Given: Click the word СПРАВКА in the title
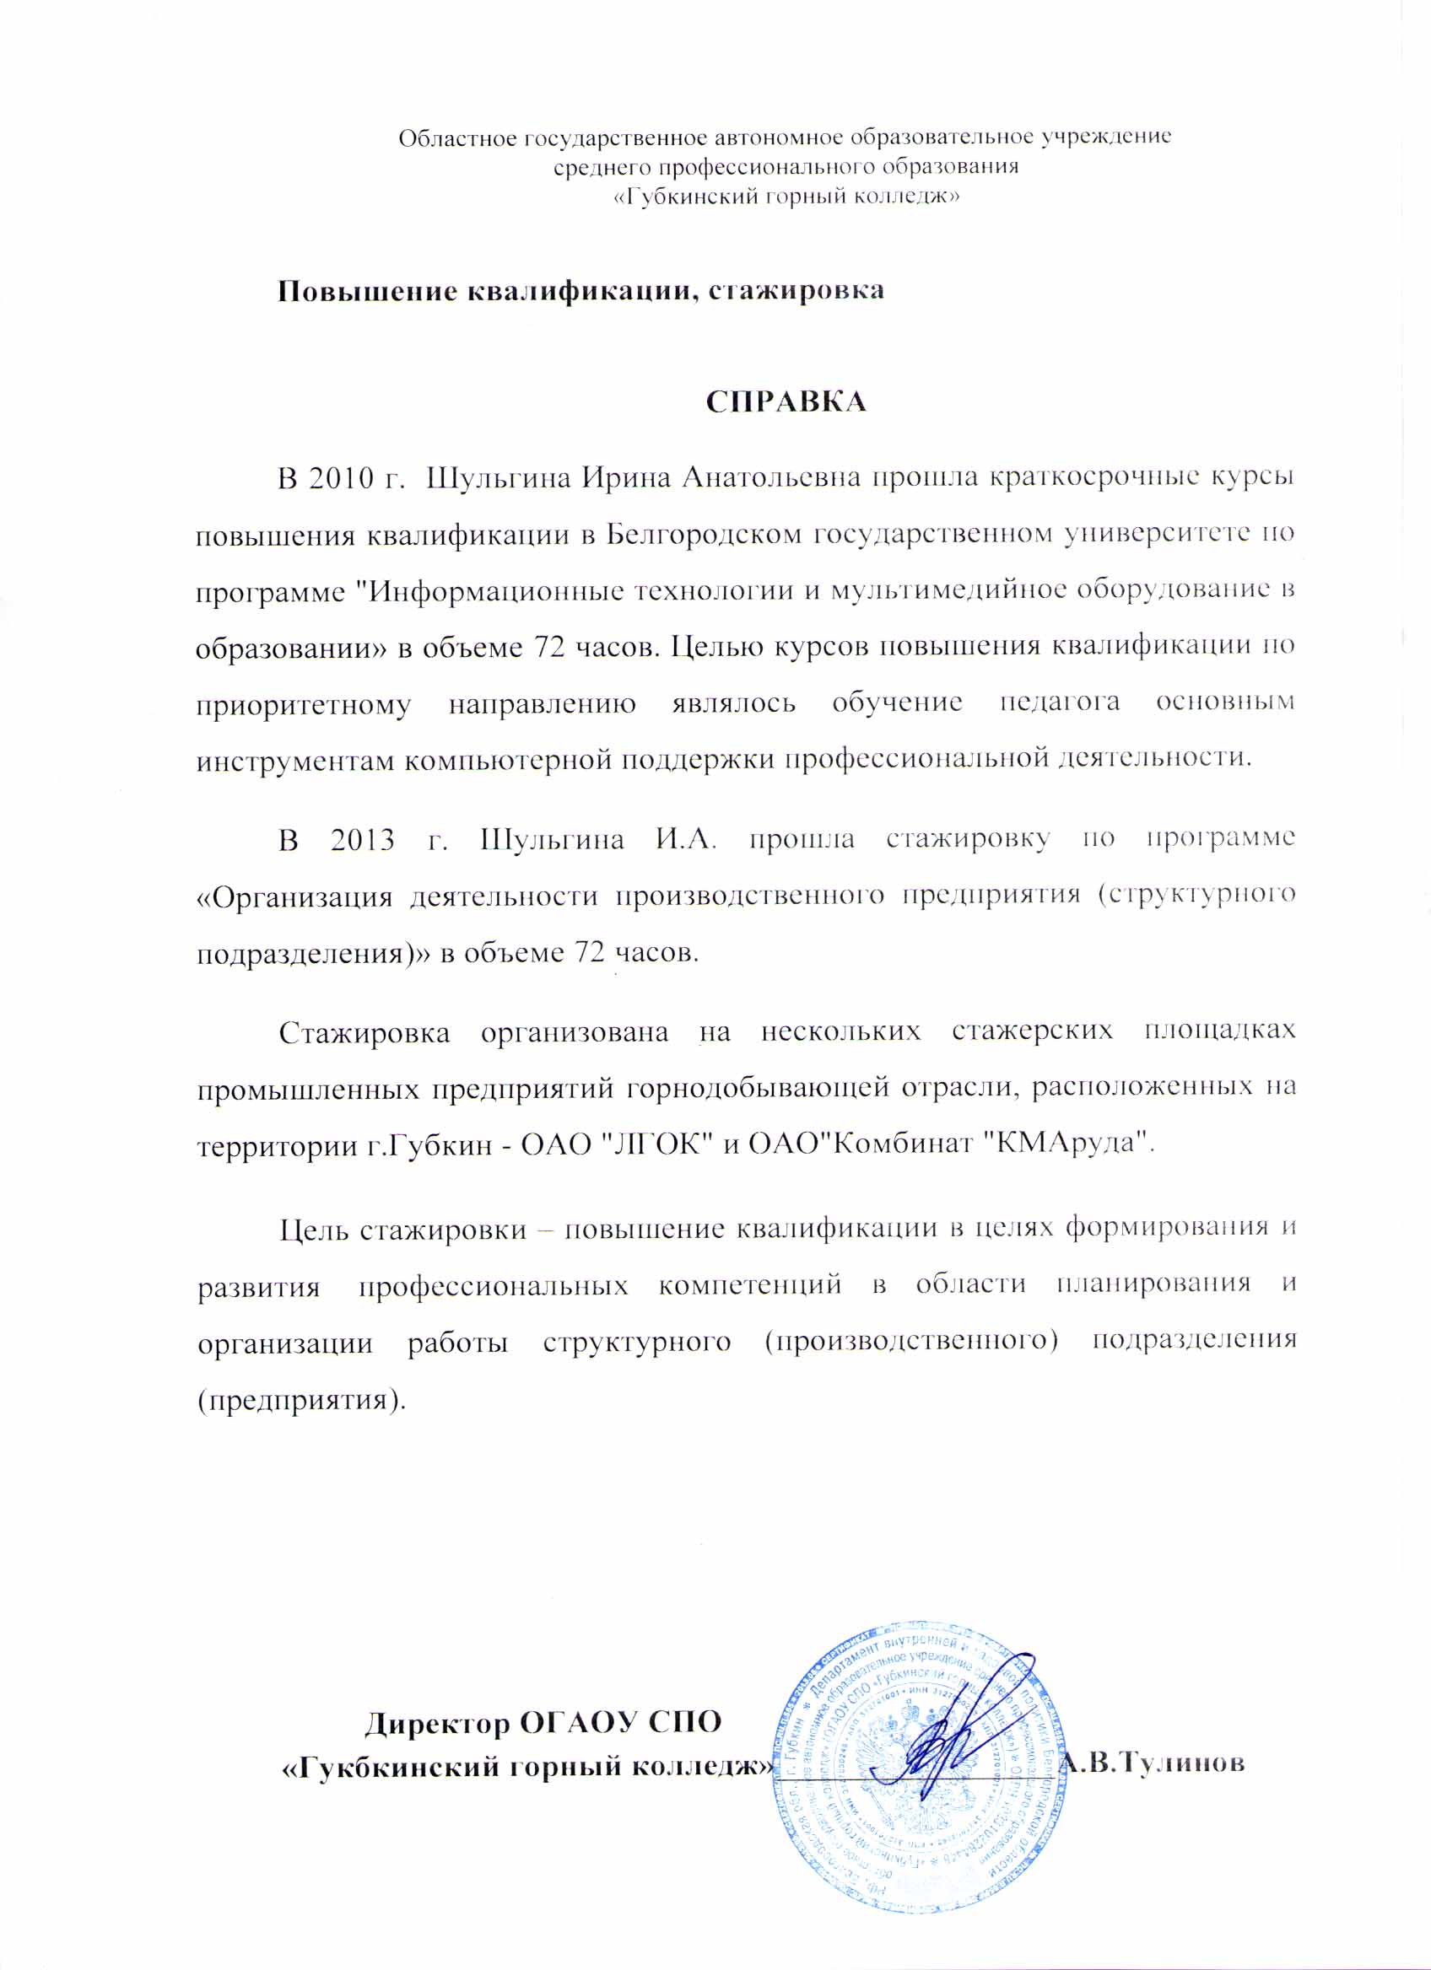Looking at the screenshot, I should (x=786, y=401).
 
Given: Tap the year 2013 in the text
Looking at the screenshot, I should (x=362, y=840).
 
